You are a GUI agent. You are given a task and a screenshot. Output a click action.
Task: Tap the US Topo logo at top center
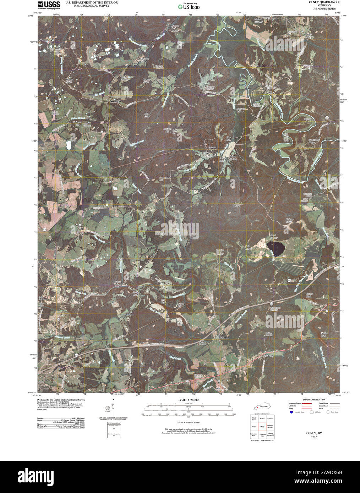[190, 6]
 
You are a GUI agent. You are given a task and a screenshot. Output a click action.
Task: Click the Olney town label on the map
[271, 93]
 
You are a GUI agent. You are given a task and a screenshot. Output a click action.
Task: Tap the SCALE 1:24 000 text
[189, 400]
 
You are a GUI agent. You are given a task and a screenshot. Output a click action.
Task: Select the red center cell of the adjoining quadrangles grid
[263, 427]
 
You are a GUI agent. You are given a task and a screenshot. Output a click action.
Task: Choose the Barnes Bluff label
[310, 295]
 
